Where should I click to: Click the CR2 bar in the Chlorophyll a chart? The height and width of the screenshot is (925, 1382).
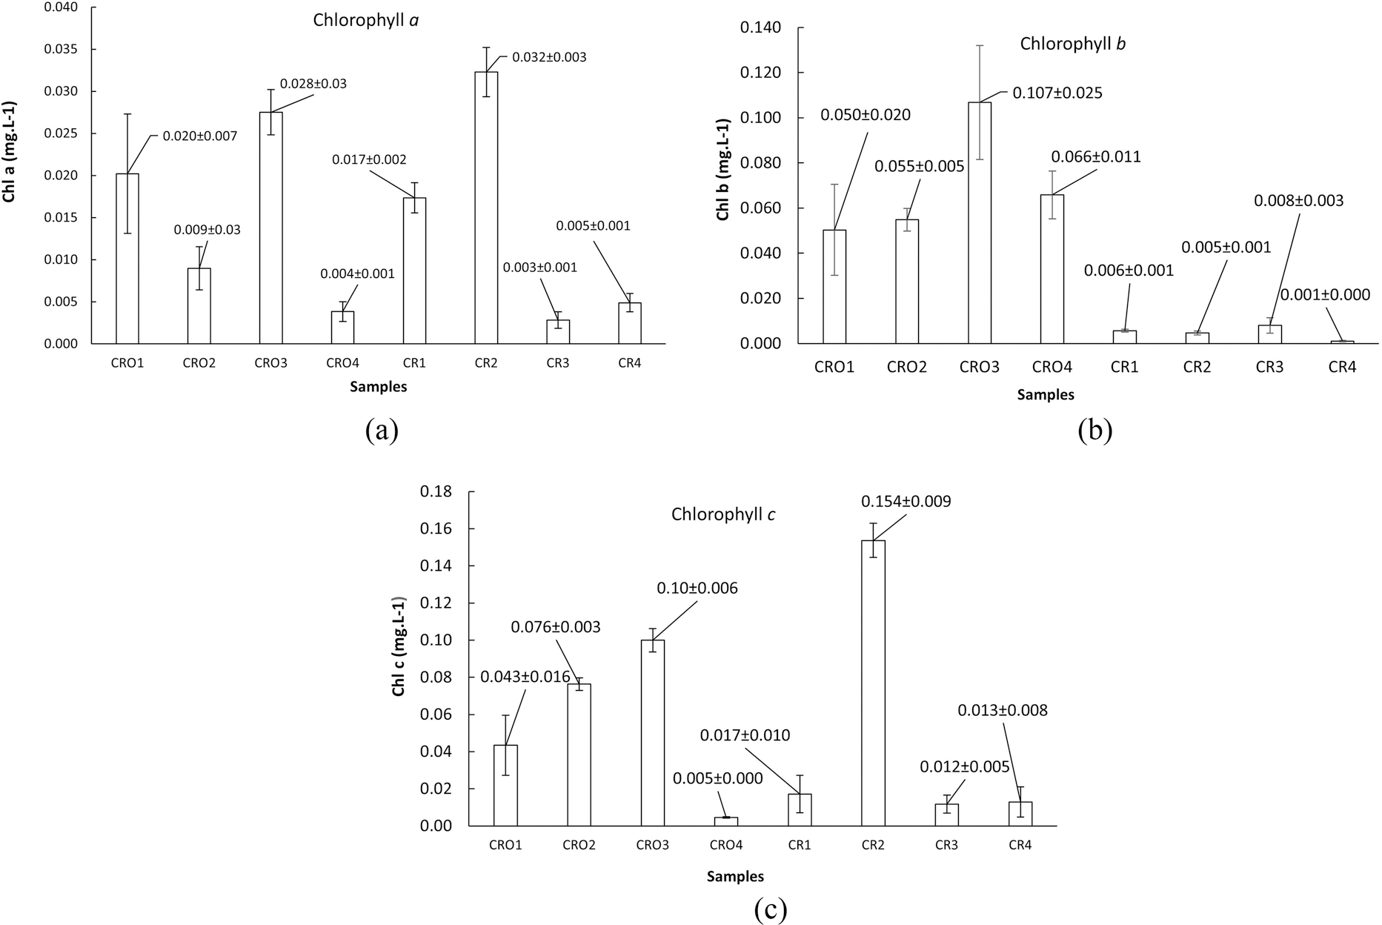click(x=486, y=208)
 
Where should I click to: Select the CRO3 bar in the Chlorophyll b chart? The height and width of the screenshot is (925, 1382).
click(x=979, y=222)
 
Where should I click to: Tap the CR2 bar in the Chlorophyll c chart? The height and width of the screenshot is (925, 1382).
click(x=873, y=682)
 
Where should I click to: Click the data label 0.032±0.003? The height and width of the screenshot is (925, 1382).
click(x=549, y=57)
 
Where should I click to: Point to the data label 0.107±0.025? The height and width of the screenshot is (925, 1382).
click(x=1057, y=93)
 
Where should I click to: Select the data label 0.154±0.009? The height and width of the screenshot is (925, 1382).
click(x=906, y=502)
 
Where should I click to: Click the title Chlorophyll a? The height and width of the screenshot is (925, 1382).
click(x=365, y=20)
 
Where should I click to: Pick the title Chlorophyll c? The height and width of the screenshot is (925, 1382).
click(x=722, y=514)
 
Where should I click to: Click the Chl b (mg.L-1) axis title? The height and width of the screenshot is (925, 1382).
click(x=722, y=169)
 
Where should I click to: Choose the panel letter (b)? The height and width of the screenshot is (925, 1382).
click(x=1094, y=430)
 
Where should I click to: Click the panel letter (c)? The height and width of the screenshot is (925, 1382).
click(x=770, y=909)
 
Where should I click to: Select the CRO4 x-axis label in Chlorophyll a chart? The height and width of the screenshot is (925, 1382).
click(x=342, y=363)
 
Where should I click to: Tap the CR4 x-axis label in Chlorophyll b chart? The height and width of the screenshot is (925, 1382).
click(x=1341, y=367)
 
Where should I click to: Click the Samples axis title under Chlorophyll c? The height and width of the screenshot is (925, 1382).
click(x=734, y=877)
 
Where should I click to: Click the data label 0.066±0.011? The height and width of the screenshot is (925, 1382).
click(x=1095, y=157)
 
